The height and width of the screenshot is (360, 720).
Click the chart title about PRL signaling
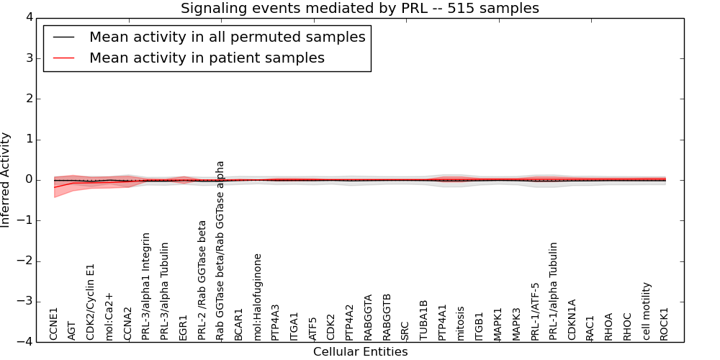coord(359,9)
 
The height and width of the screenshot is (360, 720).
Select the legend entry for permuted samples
coord(227,37)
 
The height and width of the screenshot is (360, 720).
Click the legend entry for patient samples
coord(207,58)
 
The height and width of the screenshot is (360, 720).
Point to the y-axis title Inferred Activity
coord(6,180)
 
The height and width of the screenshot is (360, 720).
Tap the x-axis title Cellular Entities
coord(360,352)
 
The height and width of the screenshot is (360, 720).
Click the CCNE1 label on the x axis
coord(54,323)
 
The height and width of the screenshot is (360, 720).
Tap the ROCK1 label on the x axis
coord(665,323)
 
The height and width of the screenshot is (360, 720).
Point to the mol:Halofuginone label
coord(258,296)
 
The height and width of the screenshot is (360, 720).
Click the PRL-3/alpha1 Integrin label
coord(146,286)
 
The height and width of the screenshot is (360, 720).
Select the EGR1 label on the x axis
coord(184,326)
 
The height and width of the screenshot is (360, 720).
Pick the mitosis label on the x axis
coord(461,323)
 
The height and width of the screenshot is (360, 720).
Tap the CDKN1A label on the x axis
coord(572,320)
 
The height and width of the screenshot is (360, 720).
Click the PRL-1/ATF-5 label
coord(535,311)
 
